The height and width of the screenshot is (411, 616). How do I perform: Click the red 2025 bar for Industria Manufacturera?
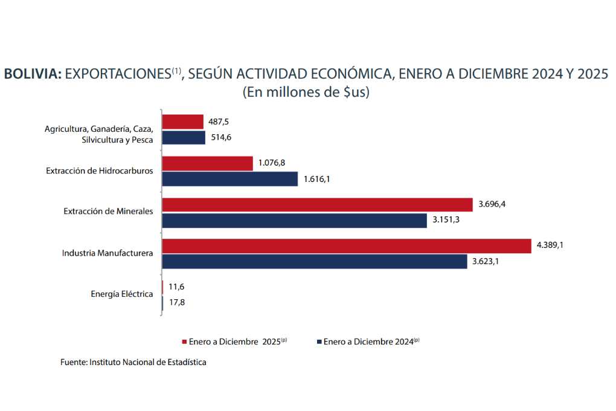tap(347, 246)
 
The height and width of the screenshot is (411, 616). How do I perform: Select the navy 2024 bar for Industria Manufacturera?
tap(315, 262)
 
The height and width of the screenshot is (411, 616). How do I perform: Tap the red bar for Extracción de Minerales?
tap(317, 205)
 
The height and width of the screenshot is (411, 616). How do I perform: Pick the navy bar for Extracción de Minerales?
tap(295, 221)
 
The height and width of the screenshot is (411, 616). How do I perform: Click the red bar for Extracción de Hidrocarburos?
tap(207, 163)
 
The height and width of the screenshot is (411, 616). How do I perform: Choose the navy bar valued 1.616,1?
tap(230, 179)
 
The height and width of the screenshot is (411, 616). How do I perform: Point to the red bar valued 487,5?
tap(183, 121)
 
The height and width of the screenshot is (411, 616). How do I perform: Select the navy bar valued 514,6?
tap(184, 138)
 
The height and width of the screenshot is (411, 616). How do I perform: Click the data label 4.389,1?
tap(550, 246)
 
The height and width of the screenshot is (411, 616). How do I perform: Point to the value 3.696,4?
tap(492, 204)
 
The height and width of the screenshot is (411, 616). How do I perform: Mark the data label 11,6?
tap(176, 287)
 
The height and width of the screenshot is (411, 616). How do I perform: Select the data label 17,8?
tap(177, 303)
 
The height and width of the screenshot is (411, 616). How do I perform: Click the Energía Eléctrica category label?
tap(122, 294)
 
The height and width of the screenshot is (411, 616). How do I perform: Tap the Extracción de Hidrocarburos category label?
tap(100, 171)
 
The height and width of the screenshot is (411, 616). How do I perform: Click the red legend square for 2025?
tap(185, 341)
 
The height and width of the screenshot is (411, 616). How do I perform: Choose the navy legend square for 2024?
tap(319, 341)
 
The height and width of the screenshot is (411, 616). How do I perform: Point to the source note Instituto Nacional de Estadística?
tap(148, 362)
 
